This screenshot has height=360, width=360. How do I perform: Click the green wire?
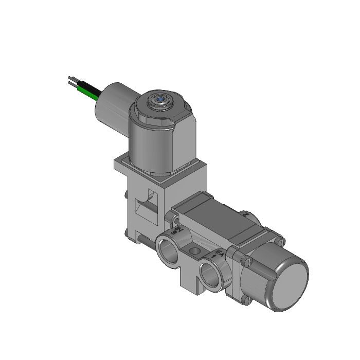pyautogui.click(x=88, y=93)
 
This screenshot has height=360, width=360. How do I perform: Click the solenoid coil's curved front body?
pyautogui.click(x=154, y=147)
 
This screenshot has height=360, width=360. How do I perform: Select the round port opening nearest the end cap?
pyautogui.click(x=212, y=273)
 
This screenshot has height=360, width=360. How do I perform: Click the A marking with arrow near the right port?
pyautogui.click(x=217, y=253)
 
